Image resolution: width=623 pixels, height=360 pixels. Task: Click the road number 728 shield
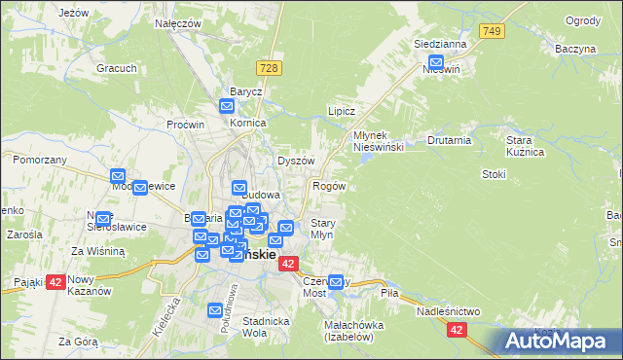(x=270, y=67)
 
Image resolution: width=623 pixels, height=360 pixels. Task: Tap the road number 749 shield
(x=493, y=32)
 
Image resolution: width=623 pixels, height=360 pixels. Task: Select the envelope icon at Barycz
(x=228, y=107)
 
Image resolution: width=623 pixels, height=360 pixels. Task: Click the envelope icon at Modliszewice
(x=139, y=189)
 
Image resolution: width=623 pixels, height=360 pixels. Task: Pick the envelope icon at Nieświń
(x=433, y=57)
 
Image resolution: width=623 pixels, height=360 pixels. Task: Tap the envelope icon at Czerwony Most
(x=337, y=283)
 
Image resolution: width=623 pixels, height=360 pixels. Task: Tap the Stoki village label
(x=494, y=174)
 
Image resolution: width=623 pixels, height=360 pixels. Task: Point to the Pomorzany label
(x=40, y=159)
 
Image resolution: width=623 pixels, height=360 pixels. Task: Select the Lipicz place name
(x=340, y=111)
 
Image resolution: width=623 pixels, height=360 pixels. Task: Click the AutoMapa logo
(x=559, y=342)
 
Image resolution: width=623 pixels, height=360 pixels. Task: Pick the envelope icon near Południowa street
(x=217, y=310)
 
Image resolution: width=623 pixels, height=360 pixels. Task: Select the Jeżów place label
(x=73, y=13)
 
